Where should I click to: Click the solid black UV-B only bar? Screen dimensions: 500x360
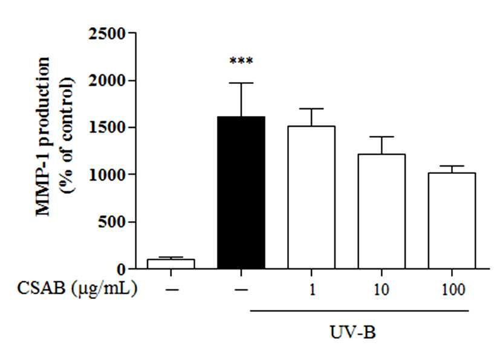[x=241, y=193]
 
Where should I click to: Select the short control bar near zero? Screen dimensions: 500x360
[x=171, y=264]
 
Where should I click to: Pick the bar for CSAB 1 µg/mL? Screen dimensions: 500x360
[x=311, y=197]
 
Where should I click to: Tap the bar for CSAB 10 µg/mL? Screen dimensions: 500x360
[x=381, y=211]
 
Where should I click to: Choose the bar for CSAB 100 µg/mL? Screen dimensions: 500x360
[x=452, y=221]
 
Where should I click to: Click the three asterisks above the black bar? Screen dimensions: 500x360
[x=241, y=61]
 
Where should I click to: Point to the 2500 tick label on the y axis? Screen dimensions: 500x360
[x=107, y=33]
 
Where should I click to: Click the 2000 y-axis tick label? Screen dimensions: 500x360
[x=107, y=80]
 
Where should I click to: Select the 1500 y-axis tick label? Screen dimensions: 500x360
[x=107, y=127]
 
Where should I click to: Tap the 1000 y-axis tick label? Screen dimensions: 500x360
[x=107, y=175]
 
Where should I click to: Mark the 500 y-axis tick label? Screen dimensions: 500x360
[x=112, y=222]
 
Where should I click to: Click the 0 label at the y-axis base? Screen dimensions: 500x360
[x=122, y=269]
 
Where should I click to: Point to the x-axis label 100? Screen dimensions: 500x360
[x=453, y=289]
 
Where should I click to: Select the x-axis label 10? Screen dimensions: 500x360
[x=381, y=289]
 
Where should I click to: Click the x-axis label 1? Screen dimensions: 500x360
[x=312, y=289]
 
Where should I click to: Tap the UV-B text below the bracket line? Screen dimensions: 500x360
[x=352, y=333]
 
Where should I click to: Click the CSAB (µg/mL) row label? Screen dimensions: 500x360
[x=77, y=289]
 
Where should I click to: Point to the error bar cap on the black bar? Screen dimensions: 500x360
[x=241, y=83]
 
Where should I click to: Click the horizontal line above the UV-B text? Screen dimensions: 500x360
[x=359, y=310]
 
